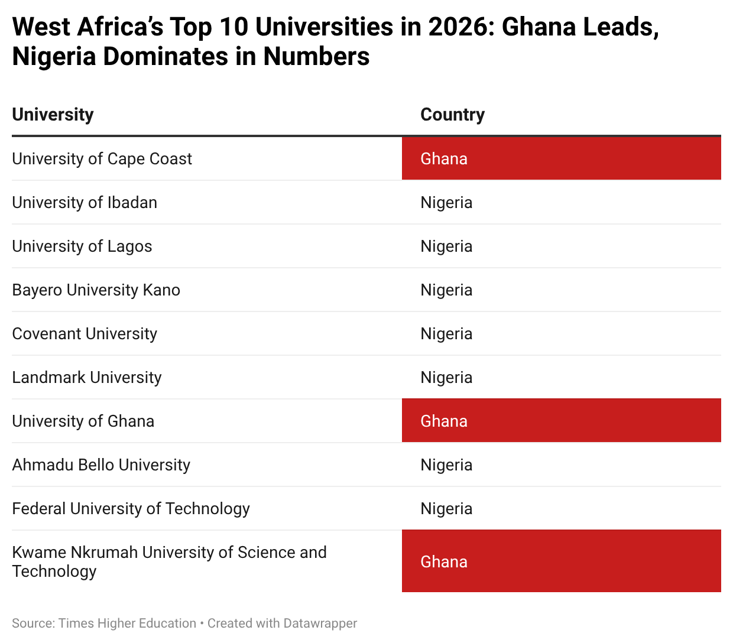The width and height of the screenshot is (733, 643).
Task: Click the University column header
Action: pos(53,115)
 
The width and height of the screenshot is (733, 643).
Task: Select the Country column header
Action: pos(452,115)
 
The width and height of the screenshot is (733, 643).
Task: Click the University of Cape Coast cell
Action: pos(102,159)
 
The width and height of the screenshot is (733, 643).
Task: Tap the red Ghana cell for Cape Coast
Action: pos(561,158)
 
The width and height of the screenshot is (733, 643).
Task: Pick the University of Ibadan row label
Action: pos(85,203)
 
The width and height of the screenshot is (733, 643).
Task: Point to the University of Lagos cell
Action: pos(82,246)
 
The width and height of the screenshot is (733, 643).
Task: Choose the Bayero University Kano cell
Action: pos(96,290)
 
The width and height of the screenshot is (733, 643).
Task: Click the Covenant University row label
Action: pos(85,334)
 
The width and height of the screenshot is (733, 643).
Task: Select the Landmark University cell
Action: pos(87,378)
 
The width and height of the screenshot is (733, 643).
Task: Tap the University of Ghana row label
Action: pos(83,421)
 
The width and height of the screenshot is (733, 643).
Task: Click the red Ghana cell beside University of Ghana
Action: pos(561,421)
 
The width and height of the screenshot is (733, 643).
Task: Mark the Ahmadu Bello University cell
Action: pos(101,465)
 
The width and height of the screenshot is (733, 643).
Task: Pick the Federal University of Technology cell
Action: pos(131,509)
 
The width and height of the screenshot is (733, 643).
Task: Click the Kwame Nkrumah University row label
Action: pos(169,561)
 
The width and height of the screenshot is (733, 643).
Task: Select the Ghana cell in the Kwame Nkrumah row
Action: pos(561,561)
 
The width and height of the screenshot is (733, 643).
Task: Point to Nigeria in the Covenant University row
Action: pos(446,334)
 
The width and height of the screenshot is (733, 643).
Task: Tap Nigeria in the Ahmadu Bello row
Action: pos(446,465)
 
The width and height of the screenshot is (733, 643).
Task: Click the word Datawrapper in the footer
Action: pos(320,623)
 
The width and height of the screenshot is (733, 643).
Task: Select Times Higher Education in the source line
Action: pos(127,623)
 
